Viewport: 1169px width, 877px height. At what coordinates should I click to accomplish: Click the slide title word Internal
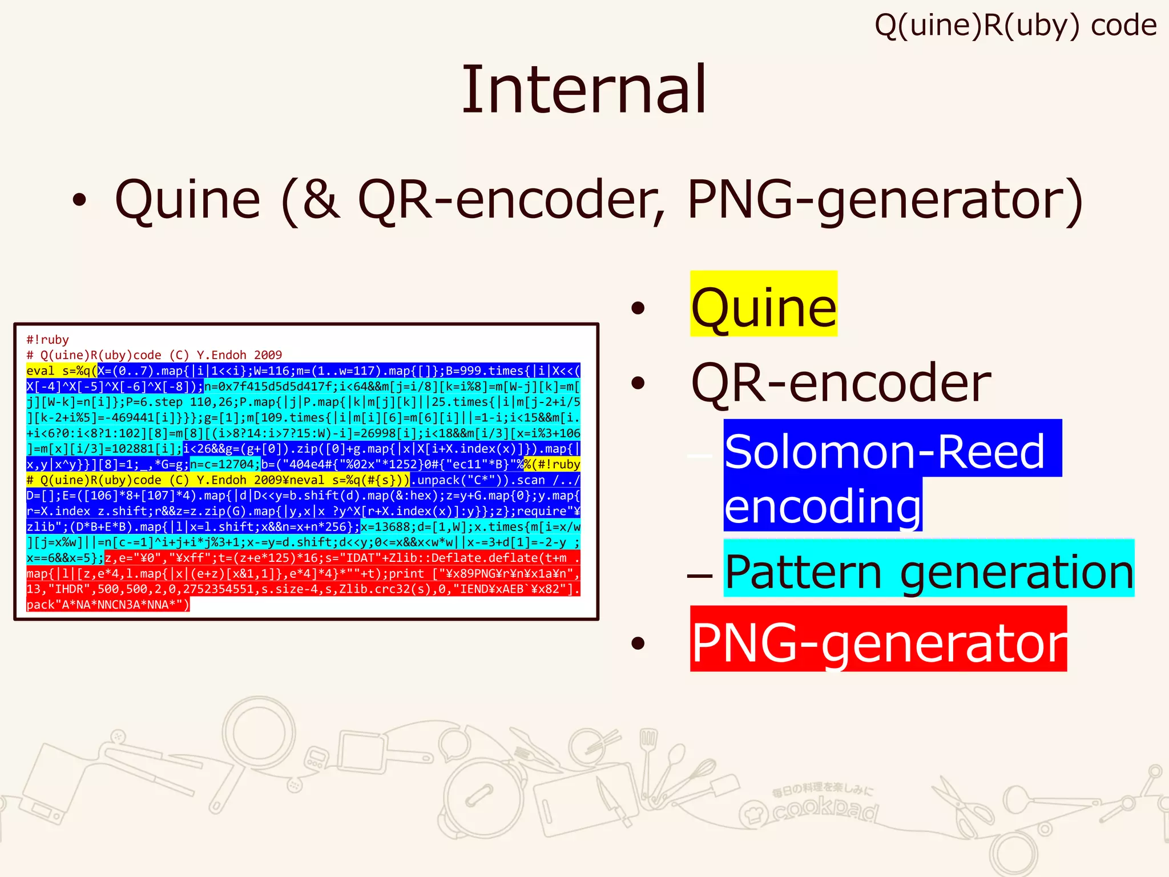click(584, 90)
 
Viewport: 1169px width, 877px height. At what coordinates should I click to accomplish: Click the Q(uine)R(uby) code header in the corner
click(1015, 26)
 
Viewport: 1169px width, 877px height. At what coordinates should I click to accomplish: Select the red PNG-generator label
click(878, 641)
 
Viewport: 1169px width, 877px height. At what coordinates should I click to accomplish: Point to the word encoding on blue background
click(823, 506)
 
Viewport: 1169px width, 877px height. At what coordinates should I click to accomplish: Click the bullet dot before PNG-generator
click(638, 643)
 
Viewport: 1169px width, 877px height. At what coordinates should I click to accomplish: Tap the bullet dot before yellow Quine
click(638, 309)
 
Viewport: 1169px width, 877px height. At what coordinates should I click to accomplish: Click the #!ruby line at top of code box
click(48, 340)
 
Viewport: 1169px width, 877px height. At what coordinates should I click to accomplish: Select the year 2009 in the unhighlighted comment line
click(268, 355)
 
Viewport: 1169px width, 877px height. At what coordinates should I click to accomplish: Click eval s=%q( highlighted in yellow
click(62, 371)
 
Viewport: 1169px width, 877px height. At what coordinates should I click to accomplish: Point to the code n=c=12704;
click(225, 464)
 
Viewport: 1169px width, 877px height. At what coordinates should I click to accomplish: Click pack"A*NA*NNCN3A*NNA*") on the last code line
click(108, 605)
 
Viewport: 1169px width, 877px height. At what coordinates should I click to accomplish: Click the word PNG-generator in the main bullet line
click(885, 200)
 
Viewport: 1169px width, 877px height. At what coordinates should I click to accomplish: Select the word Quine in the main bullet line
click(188, 200)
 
